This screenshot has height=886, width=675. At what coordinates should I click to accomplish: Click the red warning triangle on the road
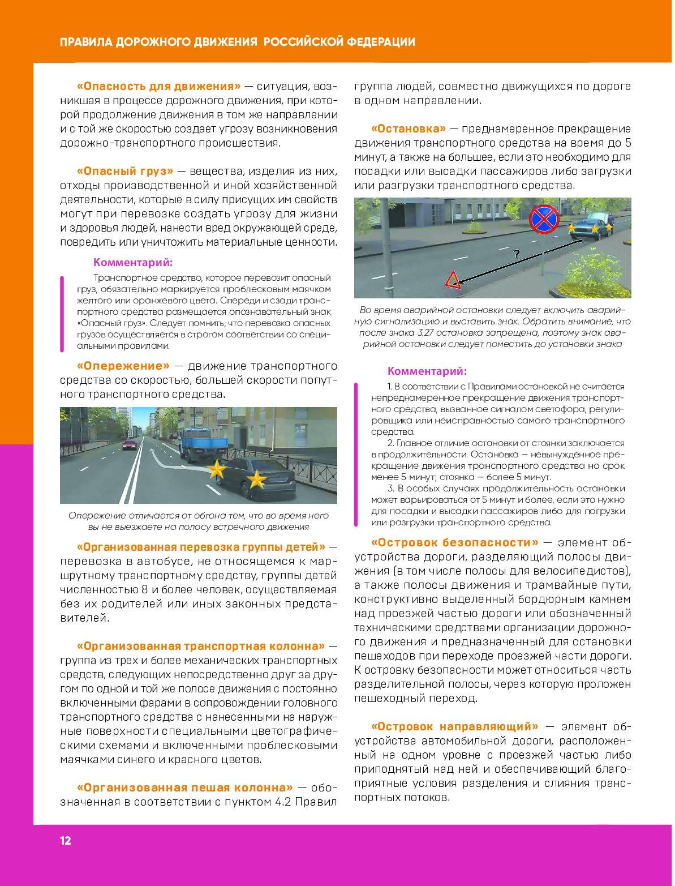452,280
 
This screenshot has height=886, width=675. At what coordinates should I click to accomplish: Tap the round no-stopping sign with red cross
544,219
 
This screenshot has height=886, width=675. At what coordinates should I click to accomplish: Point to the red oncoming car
130,444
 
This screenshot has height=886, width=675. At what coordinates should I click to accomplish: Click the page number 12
66,841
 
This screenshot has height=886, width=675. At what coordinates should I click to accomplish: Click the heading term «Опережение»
123,366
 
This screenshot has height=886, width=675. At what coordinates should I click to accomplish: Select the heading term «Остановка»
409,129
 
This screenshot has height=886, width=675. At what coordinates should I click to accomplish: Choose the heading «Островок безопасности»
454,542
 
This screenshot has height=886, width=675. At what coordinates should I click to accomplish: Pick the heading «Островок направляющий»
454,726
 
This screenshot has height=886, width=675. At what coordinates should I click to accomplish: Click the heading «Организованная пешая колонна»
184,787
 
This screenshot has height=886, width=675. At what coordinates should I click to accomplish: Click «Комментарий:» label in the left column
133,262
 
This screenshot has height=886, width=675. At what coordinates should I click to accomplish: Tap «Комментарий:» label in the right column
427,371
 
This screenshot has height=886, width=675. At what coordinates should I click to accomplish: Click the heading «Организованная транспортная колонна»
200,646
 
